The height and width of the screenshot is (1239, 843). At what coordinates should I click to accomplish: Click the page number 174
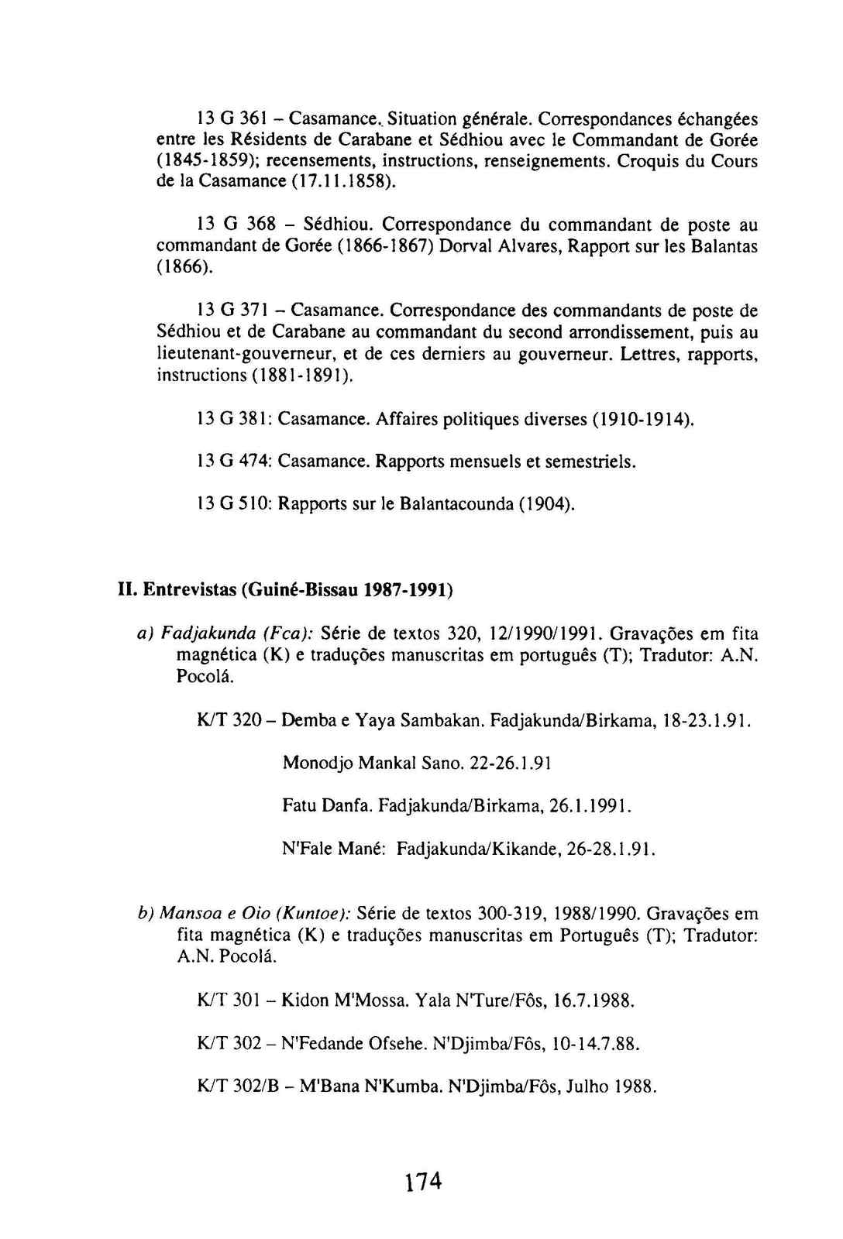pyautogui.click(x=421, y=1182)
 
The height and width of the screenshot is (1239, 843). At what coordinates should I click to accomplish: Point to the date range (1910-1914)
pyautogui.click(x=642, y=419)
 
